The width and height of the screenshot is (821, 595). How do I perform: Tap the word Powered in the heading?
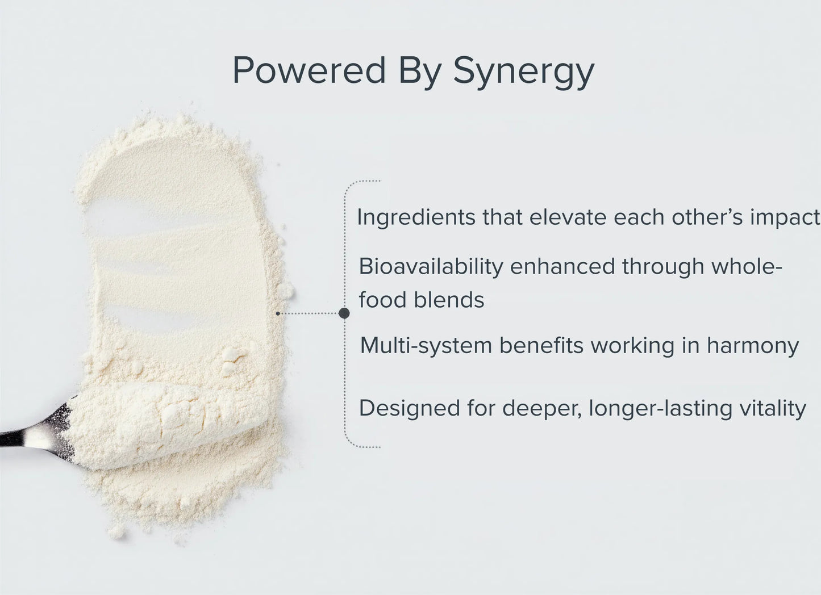click(309, 70)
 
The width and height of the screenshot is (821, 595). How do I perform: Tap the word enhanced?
click(562, 266)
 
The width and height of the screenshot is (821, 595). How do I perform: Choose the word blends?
click(449, 300)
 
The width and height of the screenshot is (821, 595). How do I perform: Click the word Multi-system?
click(426, 346)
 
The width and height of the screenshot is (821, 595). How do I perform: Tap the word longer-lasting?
click(660, 409)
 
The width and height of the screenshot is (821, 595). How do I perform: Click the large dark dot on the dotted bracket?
click(344, 313)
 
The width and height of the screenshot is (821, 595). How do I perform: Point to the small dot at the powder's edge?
click(278, 313)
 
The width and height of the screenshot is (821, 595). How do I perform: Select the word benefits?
click(541, 345)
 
